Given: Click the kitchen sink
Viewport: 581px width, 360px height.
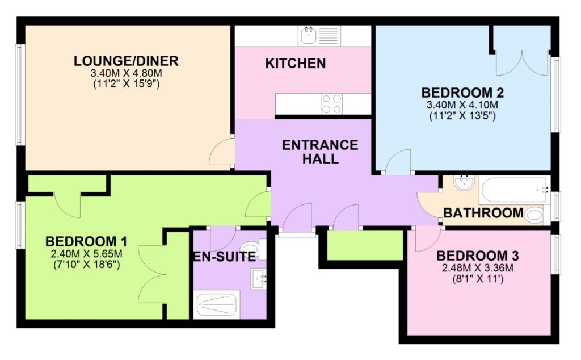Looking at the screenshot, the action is pyautogui.click(x=319, y=36).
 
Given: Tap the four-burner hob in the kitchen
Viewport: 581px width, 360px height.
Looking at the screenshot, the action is pyautogui.click(x=331, y=104).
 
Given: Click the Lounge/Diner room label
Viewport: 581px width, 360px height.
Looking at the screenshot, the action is pyautogui.click(x=126, y=61).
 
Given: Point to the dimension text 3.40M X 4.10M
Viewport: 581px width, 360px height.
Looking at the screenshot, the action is pyautogui.click(x=462, y=104).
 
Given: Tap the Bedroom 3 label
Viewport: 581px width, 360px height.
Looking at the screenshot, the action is pyautogui.click(x=477, y=256).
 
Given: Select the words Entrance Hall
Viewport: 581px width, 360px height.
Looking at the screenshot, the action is pyautogui.click(x=320, y=151).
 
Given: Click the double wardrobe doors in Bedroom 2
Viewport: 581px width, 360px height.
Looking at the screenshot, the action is pyautogui.click(x=522, y=63).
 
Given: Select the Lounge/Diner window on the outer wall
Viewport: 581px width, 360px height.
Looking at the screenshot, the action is pyautogui.click(x=19, y=95).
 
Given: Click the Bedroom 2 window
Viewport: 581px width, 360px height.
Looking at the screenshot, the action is pyautogui.click(x=556, y=94).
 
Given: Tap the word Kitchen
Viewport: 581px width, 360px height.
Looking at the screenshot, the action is pyautogui.click(x=295, y=64).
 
